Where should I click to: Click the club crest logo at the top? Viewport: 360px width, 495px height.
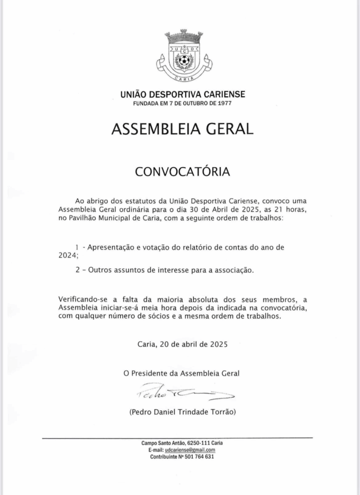pos(184,57)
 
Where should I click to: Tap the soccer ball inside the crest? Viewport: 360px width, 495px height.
pos(184,61)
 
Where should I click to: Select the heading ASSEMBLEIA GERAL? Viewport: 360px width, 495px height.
pos(183,129)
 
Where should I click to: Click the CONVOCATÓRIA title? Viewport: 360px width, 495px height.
pos(182,172)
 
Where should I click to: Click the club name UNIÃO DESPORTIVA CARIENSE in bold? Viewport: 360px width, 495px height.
pos(183,95)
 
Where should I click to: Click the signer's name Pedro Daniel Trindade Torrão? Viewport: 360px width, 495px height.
pos(183,412)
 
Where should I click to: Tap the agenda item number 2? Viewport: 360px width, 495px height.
pos(77,270)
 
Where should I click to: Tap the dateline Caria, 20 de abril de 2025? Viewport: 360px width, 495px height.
pos(182,345)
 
